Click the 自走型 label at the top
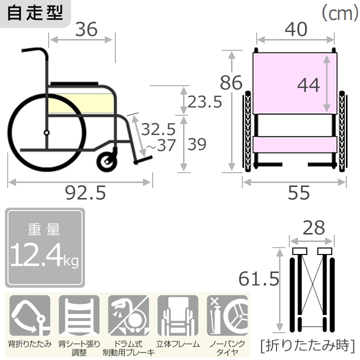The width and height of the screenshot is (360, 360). (x=35, y=12)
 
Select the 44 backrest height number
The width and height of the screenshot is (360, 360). (x=308, y=85)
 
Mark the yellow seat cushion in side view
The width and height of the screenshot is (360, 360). (x=80, y=103)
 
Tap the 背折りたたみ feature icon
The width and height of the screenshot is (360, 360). (x=29, y=317)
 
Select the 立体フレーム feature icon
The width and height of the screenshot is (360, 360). (x=178, y=317)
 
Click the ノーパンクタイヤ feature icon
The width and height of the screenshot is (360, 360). (x=228, y=317)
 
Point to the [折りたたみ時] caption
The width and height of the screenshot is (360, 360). (x=307, y=345)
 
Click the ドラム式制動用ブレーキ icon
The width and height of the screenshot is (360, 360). (x=128, y=317)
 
